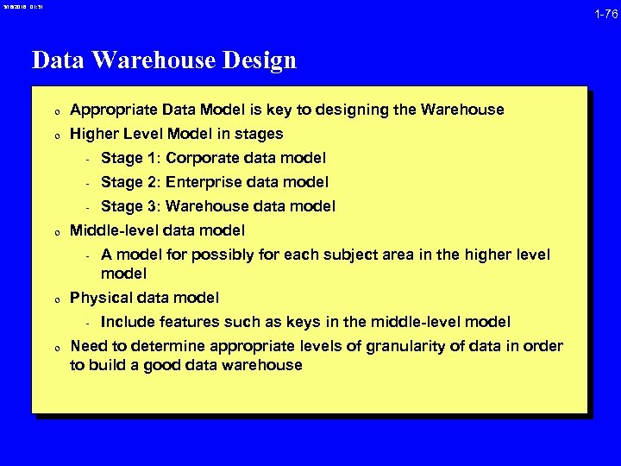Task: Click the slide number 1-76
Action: [605, 14]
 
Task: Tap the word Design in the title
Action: [256, 60]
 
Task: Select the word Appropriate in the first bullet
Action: [113, 110]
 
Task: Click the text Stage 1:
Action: [129, 158]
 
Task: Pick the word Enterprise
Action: [204, 182]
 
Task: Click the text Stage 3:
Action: [129, 206]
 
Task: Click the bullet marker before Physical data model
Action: [55, 299]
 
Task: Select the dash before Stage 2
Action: [87, 183]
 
